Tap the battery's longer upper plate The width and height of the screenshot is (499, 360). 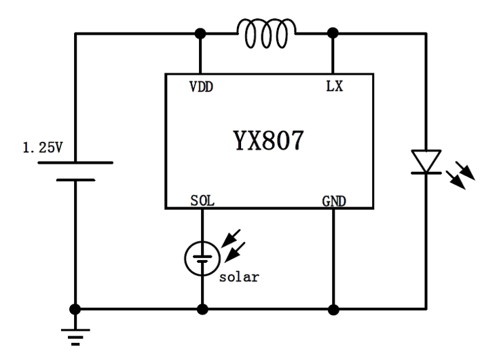coord(75,163)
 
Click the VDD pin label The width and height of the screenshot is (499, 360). coord(202,86)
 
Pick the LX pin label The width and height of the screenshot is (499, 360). coord(333,86)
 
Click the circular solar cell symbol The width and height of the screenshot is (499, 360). coord(202,256)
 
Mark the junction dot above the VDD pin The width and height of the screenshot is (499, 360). coord(202,33)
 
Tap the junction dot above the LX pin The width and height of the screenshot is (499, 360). coord(333,33)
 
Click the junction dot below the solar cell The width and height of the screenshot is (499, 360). coord(202,309)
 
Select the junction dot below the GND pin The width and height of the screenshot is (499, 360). coord(333,309)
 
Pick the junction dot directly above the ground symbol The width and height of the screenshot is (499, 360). coord(75,309)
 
